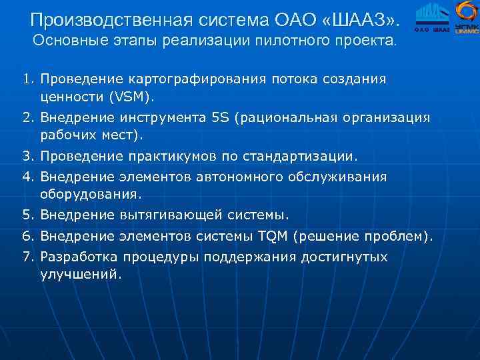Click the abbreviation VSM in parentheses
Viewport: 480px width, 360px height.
(131, 97)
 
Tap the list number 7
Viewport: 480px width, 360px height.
(27, 257)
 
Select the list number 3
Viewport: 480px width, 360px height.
(27, 157)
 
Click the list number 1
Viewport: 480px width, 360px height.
(27, 79)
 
